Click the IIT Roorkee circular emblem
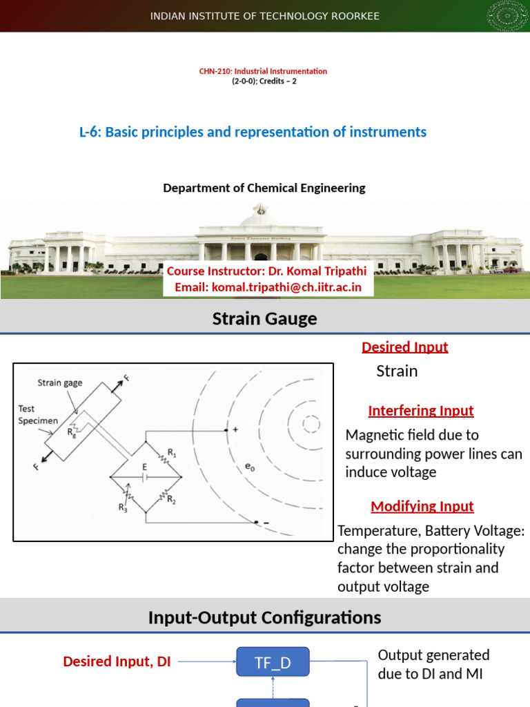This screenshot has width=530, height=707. (509, 16)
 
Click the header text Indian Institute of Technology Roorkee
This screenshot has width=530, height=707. (265, 16)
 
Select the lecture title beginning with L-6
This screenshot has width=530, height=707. (253, 132)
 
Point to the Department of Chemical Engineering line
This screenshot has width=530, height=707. (264, 188)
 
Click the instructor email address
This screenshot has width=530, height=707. (268, 287)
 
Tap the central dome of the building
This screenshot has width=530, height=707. (260, 217)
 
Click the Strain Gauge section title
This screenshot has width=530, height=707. (265, 318)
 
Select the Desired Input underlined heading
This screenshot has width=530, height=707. (405, 347)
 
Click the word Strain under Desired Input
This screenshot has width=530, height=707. (397, 371)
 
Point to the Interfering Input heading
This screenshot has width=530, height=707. (421, 411)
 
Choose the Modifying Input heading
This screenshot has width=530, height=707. (422, 506)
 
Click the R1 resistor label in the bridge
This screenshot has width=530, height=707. (172, 454)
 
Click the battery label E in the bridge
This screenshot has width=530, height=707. (145, 467)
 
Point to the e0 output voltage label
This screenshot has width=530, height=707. (250, 467)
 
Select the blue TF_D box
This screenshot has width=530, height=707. (273, 664)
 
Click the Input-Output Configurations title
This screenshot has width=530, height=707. (265, 617)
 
